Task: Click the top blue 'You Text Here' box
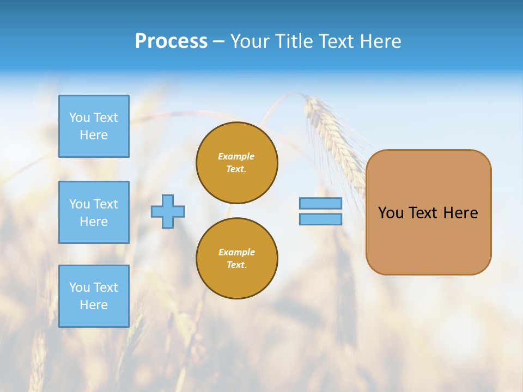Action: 94,126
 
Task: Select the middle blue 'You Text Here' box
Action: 94,212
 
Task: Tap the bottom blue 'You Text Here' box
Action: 94,296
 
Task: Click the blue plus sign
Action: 168,211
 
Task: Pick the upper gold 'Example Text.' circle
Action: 237,162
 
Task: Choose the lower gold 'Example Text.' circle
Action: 237,258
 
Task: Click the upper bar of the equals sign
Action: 321,203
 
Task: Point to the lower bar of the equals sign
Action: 321,219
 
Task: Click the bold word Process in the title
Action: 171,41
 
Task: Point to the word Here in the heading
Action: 381,41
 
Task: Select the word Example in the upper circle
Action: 236,156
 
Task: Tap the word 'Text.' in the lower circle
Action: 236,265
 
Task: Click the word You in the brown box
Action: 391,213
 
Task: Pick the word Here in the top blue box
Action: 94,135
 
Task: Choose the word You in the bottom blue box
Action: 80,287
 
